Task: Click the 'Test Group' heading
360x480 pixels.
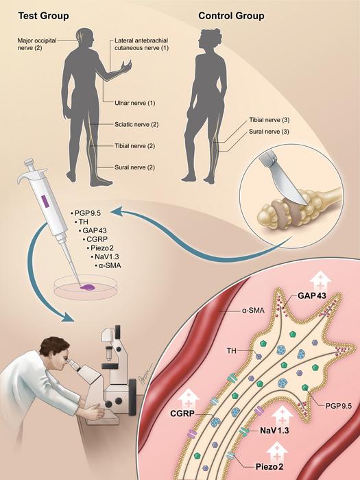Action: (43, 16)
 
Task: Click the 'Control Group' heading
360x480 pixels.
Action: (231, 16)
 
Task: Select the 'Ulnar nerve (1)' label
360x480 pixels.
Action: (134, 103)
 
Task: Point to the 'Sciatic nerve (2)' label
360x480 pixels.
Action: (136, 124)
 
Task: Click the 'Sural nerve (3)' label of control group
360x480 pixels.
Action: (269, 132)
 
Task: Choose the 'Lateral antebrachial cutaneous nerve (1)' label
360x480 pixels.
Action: (141, 44)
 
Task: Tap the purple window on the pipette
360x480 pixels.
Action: (45, 201)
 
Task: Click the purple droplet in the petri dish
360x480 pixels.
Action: (87, 287)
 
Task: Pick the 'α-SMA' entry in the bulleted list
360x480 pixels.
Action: (108, 265)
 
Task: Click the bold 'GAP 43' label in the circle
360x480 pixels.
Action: (312, 296)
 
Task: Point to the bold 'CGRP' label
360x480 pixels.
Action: (182, 413)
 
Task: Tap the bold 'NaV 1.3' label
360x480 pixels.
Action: (274, 431)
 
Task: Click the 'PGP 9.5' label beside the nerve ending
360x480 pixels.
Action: (339, 406)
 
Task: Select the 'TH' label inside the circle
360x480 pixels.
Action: (232, 350)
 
